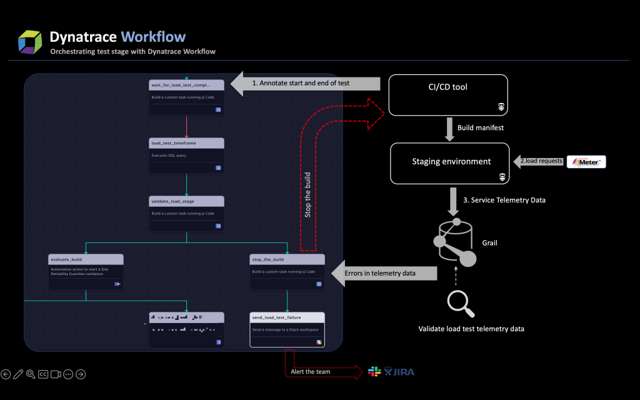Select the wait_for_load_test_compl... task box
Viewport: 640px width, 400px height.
tap(186, 97)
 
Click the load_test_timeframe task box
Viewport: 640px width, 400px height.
tap(186, 155)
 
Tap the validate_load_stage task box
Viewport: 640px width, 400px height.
tap(186, 213)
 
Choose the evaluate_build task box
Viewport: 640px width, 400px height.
tap(86, 271)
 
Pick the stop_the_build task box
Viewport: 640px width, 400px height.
tap(287, 271)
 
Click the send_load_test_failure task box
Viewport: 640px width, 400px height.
tap(287, 329)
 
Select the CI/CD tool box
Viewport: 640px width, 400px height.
tap(447, 95)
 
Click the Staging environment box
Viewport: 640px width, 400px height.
tap(447, 164)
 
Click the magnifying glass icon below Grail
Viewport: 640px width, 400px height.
tap(461, 304)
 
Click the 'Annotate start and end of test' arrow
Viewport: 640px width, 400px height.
tap(306, 82)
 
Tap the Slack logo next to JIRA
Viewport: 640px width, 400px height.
tap(374, 372)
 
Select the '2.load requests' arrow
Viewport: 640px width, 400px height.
tap(539, 161)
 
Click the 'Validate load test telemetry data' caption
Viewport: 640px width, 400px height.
tap(471, 329)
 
